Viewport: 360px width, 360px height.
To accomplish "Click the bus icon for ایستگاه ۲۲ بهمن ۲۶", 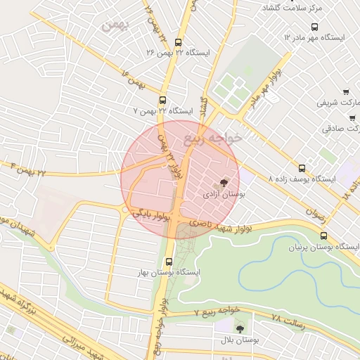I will (178, 41).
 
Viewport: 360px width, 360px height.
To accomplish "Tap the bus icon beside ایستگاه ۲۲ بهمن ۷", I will (163, 101).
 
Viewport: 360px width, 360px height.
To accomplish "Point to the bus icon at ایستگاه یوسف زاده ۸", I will (302, 168).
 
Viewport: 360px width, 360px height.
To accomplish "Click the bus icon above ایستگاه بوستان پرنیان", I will (323, 236).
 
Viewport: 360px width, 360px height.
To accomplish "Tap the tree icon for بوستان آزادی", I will (224, 181).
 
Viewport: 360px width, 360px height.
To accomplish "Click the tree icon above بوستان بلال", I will (240, 328).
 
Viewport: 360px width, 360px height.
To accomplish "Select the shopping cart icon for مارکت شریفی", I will (346, 92).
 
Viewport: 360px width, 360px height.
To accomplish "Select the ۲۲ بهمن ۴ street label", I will (27, 168).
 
